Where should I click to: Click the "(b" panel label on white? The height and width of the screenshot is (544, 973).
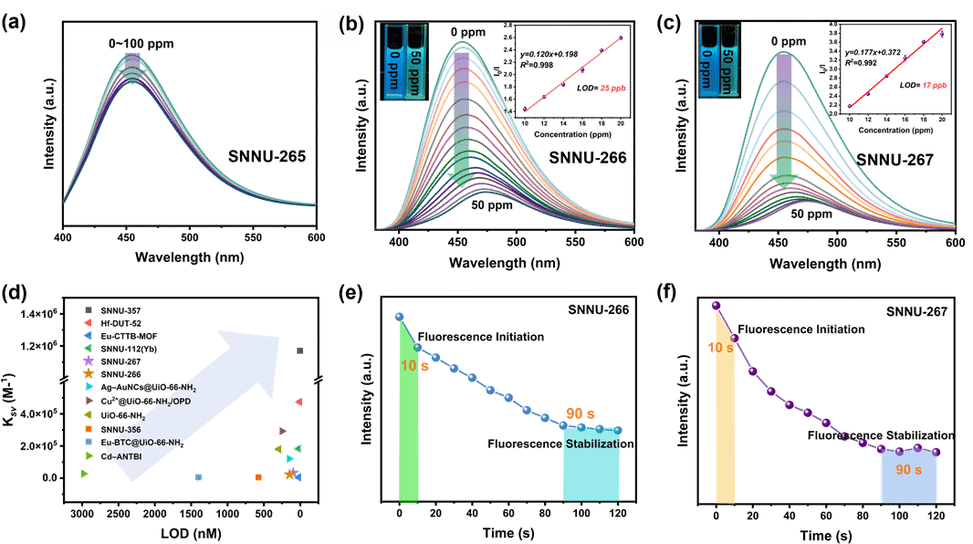[348, 26]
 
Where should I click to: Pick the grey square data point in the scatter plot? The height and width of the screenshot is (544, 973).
[299, 350]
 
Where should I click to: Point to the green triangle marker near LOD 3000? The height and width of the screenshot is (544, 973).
[84, 473]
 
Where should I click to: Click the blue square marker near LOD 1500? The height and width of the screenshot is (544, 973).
[198, 477]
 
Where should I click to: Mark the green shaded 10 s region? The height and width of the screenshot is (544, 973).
[409, 420]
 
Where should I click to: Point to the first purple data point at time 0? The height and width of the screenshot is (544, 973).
[717, 306]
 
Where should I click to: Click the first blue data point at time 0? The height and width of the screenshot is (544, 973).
[399, 317]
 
